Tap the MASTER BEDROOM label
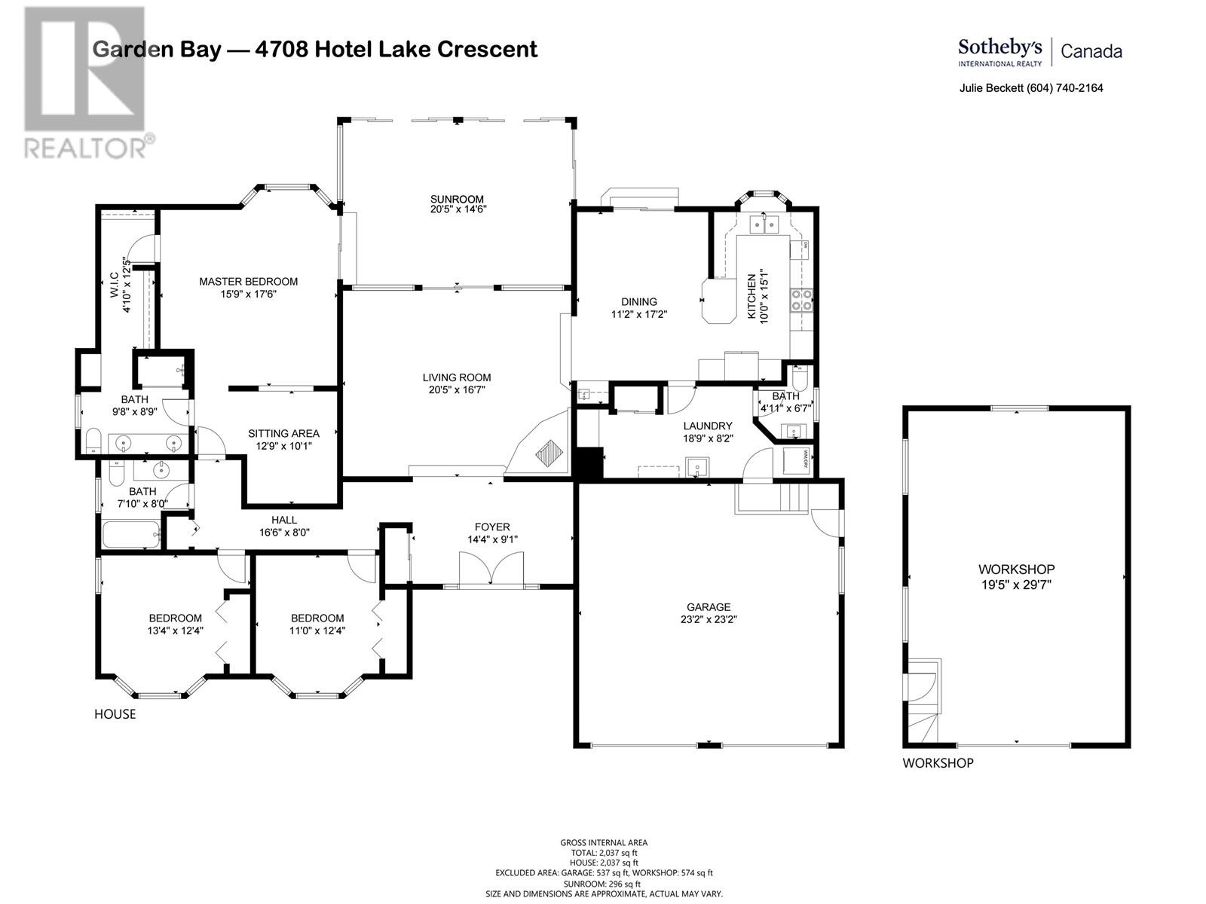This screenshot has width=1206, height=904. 248,282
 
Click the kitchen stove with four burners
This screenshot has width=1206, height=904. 801,300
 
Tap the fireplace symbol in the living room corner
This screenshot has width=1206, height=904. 549,453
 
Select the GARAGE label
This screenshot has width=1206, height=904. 708,607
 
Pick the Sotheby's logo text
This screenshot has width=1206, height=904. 999,48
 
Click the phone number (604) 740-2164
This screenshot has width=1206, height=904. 1065,88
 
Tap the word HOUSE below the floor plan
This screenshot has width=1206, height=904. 115,714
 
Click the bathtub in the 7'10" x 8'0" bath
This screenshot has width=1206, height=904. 130,535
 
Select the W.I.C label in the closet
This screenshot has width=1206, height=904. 115,285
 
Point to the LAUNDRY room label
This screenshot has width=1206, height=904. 708,426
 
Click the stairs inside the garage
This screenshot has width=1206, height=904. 791,498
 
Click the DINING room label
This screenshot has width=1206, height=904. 638,301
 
